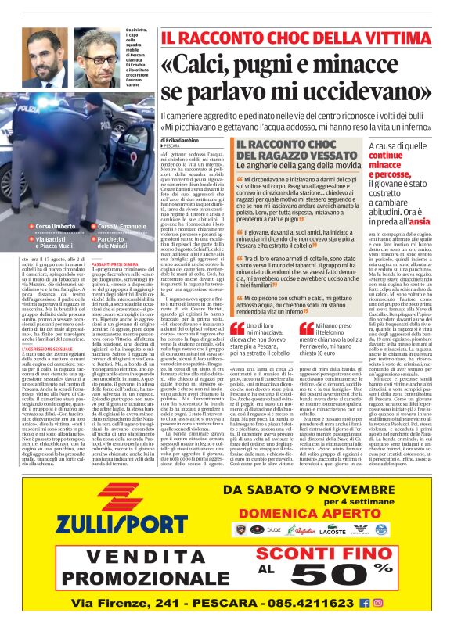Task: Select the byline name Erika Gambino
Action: pos(188,138)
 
